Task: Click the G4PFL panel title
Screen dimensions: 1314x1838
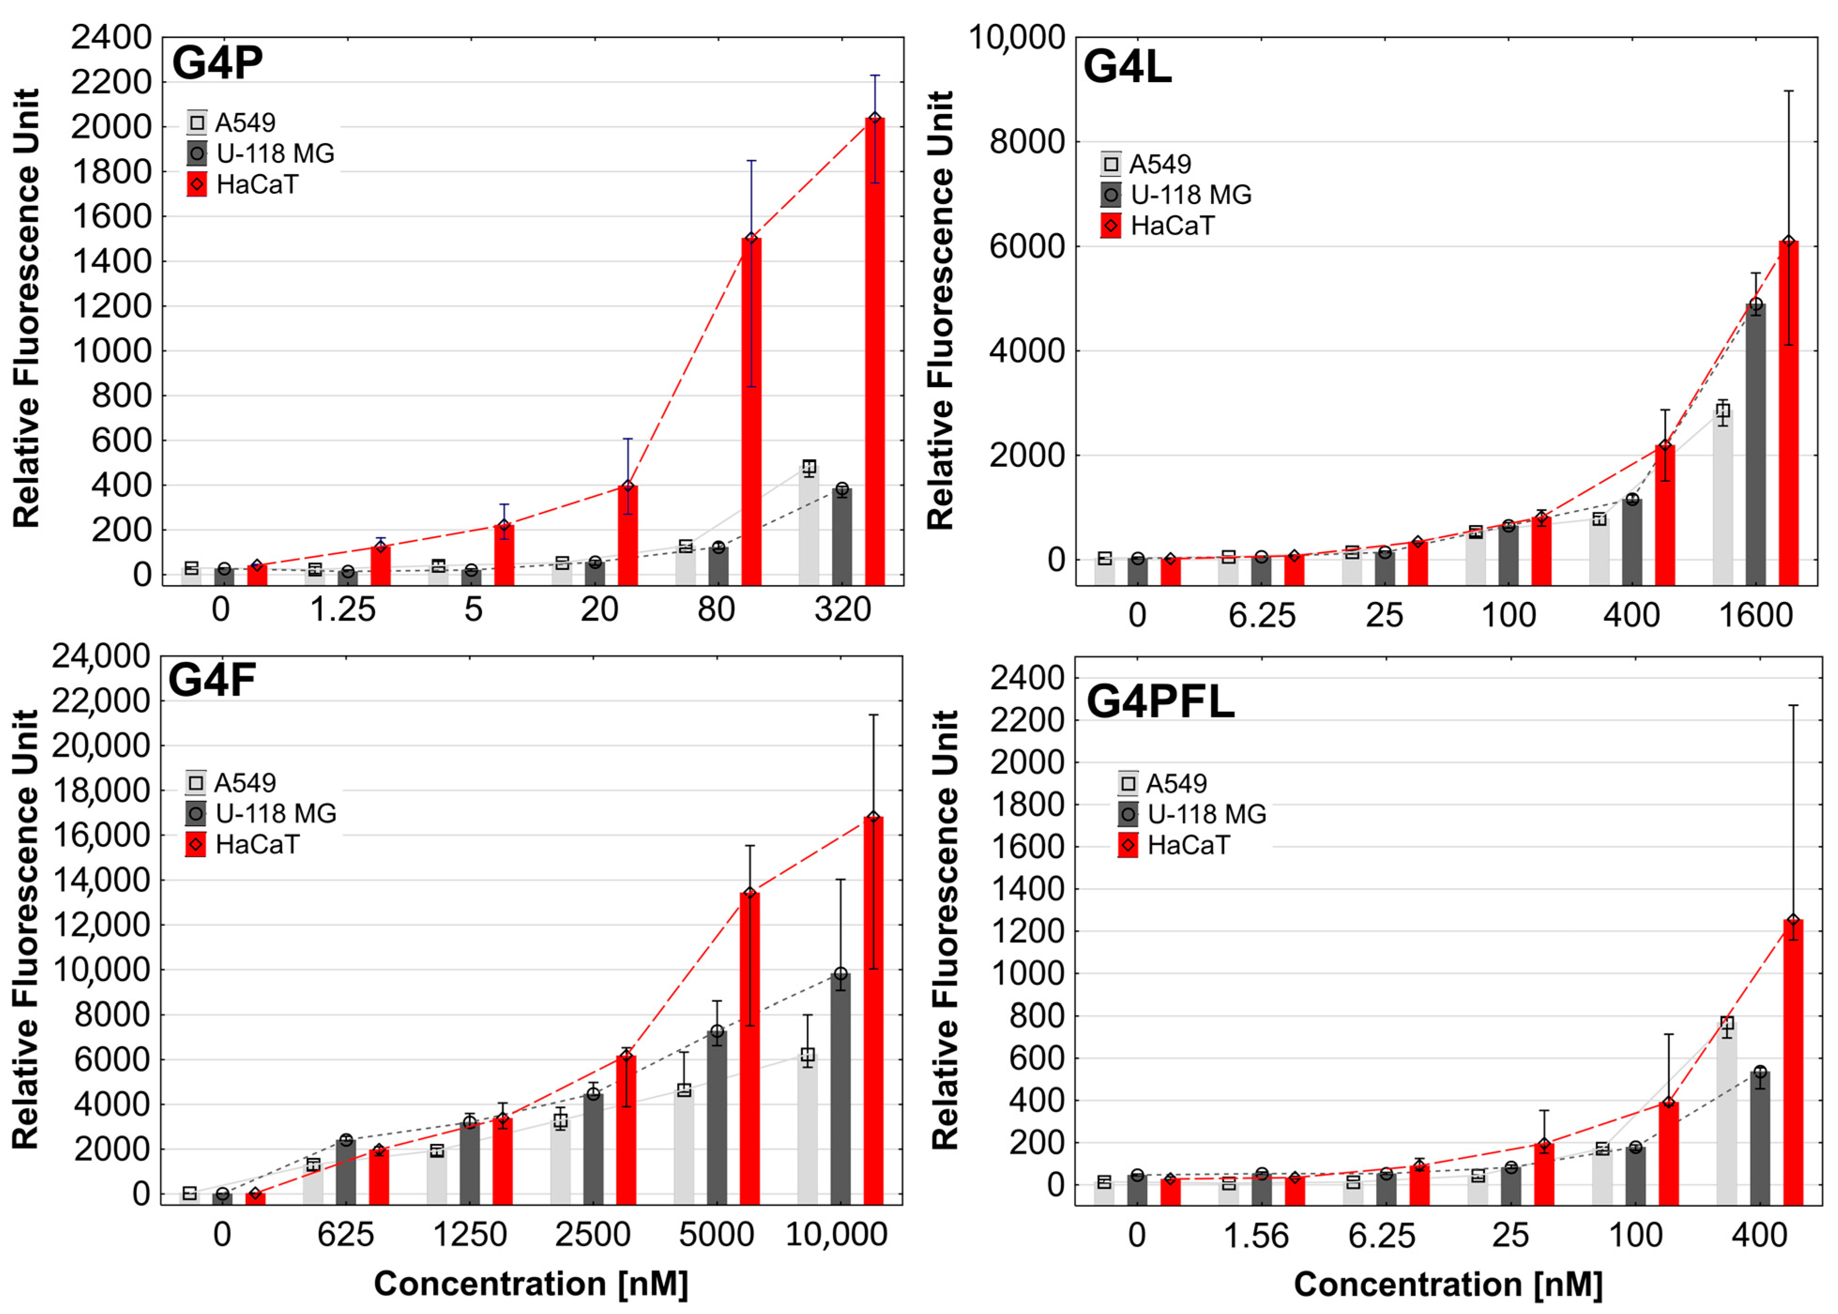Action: (x=1160, y=701)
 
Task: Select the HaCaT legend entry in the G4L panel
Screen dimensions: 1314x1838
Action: (x=1171, y=226)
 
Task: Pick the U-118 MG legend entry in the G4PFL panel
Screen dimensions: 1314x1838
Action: (x=1205, y=814)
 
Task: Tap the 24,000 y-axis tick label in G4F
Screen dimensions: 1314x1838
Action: (x=102, y=656)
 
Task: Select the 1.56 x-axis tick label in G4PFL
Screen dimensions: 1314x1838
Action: (x=1255, y=1236)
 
